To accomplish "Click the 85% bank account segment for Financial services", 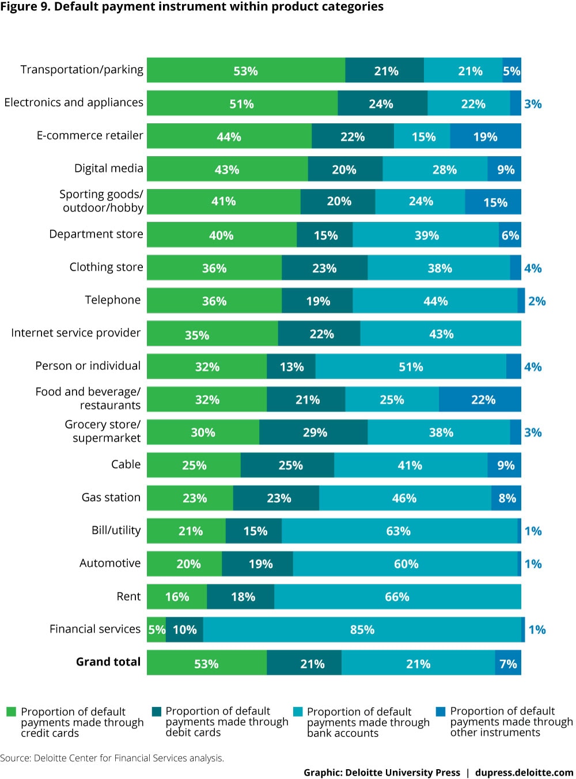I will click(362, 630).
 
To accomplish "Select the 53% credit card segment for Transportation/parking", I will click(246, 71).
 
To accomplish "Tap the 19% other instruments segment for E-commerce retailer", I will click(486, 137).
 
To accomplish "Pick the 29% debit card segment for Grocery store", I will click(314, 433).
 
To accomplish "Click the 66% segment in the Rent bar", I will click(397, 597).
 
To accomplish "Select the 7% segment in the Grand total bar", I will click(508, 664).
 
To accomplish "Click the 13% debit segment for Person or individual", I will click(291, 367).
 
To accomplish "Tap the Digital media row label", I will click(108, 168).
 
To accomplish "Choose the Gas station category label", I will click(111, 497).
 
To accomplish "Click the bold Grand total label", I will click(108, 661).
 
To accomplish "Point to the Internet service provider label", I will click(75, 333).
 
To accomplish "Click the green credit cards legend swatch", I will click(11, 712).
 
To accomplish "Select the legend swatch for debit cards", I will click(157, 712).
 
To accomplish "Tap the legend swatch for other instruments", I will click(441, 712).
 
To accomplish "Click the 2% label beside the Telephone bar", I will click(537, 301).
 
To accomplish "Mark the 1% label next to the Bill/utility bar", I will click(533, 531).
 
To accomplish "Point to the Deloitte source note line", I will click(112, 758).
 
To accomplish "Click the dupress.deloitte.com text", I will click(524, 773).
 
